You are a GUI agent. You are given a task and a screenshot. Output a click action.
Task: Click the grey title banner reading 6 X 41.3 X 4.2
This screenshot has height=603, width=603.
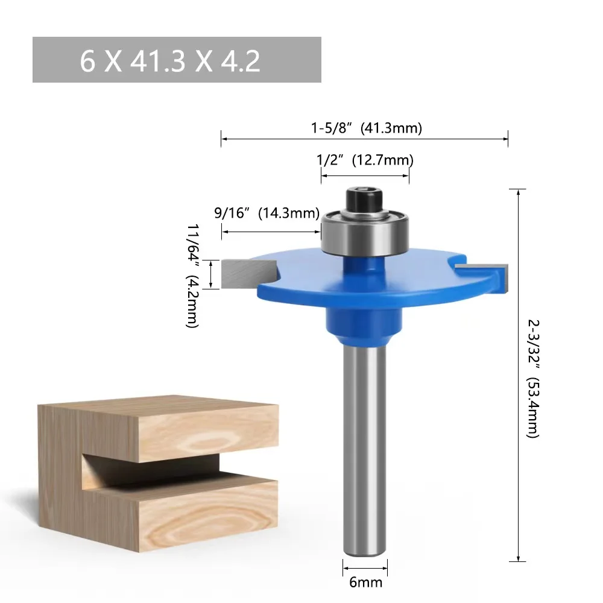point(176,60)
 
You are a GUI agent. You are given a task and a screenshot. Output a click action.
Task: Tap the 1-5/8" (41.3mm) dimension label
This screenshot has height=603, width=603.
point(366,128)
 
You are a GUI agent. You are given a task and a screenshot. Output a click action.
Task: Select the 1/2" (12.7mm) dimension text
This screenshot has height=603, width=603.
point(365,160)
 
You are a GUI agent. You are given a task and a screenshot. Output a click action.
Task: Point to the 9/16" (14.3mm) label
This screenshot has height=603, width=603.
point(267,213)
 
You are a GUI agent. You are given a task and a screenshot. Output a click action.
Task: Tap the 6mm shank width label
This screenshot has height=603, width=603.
point(365,582)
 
